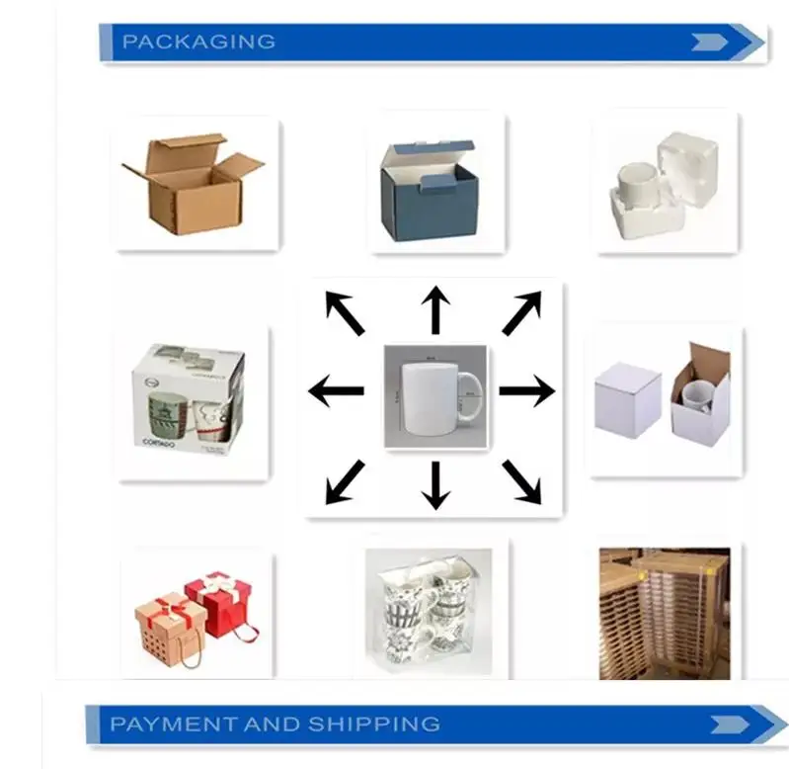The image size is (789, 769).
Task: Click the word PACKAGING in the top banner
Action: [197, 42]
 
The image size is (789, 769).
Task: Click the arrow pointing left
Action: [335, 391]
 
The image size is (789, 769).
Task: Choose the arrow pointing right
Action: [526, 391]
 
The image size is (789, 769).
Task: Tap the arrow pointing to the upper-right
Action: [522, 312]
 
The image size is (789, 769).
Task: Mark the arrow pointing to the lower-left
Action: [344, 481]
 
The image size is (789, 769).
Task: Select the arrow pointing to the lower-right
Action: [521, 481]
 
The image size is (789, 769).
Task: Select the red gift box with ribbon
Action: [219, 599]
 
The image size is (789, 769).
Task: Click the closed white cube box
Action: [627, 397]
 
